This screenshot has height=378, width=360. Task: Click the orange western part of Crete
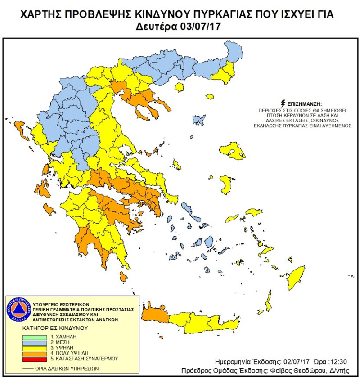[x=154, y=314]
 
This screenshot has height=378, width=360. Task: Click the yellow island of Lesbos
[x=234, y=151]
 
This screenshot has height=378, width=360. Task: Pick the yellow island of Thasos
[x=180, y=86]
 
